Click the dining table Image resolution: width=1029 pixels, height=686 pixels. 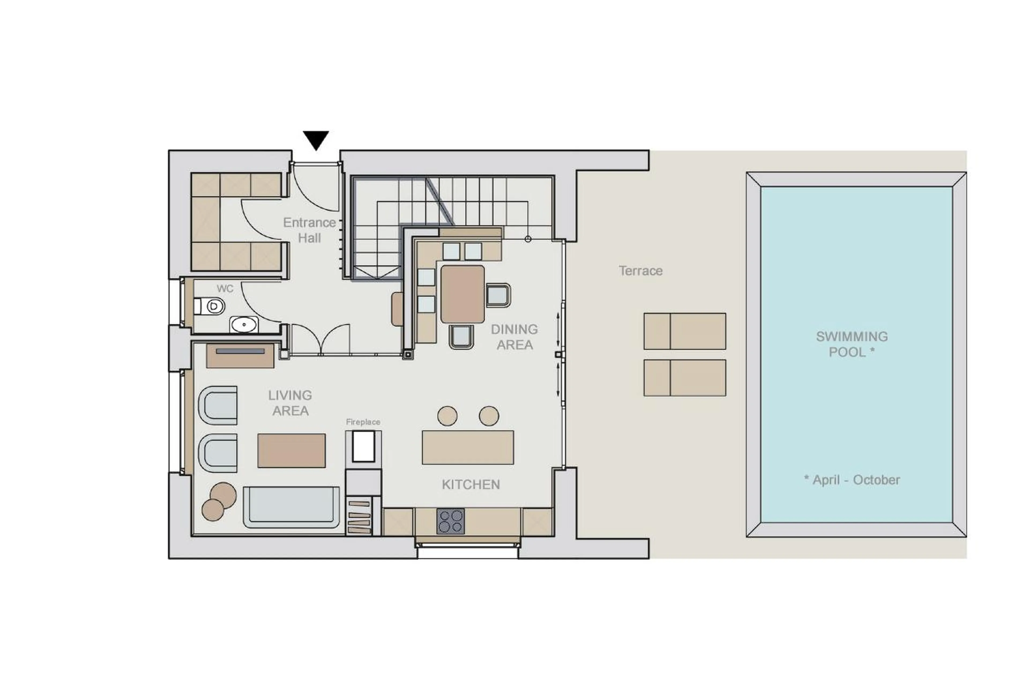pyautogui.click(x=462, y=294)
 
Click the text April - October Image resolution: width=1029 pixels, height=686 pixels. pyautogui.click(x=851, y=480)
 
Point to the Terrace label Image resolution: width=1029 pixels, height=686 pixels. pyautogui.click(x=640, y=271)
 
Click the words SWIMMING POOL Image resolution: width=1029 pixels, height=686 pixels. pyautogui.click(x=851, y=344)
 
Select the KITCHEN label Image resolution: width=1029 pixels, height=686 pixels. pyautogui.click(x=471, y=484)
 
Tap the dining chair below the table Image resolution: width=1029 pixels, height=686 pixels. pyautogui.click(x=461, y=336)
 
